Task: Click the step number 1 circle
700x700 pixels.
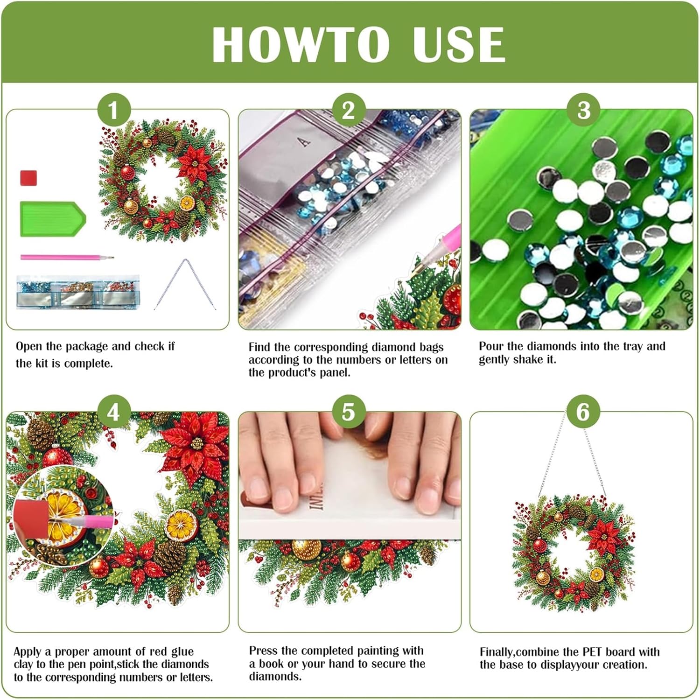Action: coord(113,111)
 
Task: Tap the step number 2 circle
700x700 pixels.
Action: coord(349,110)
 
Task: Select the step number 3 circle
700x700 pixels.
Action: coord(583,110)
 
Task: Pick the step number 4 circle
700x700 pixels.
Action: coord(113,412)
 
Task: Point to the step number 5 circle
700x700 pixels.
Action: coord(349,412)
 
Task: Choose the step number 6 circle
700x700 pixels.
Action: coord(583,412)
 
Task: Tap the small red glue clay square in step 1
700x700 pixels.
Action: coord(28,178)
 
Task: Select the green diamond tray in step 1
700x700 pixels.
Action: coord(53,219)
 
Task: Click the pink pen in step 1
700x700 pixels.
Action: coord(67,257)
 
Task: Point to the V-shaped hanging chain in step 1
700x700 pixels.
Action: coord(185,284)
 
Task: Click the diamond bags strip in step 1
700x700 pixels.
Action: coord(78,292)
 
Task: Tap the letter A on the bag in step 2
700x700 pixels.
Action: coord(305,141)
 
